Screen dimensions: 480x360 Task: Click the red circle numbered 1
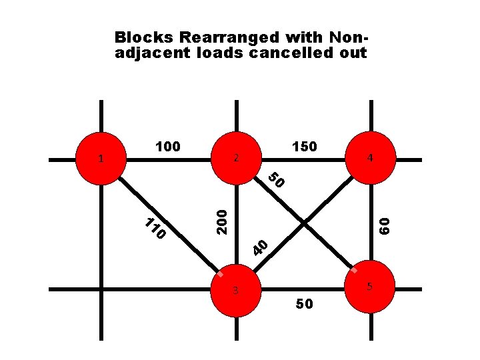[101, 158]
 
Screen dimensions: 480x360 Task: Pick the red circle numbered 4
[371, 158]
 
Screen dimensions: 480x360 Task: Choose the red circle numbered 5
[371, 287]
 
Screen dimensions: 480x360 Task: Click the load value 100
[167, 146]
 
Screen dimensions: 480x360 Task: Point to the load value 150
[304, 146]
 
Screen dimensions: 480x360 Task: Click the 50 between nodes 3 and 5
[304, 304]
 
